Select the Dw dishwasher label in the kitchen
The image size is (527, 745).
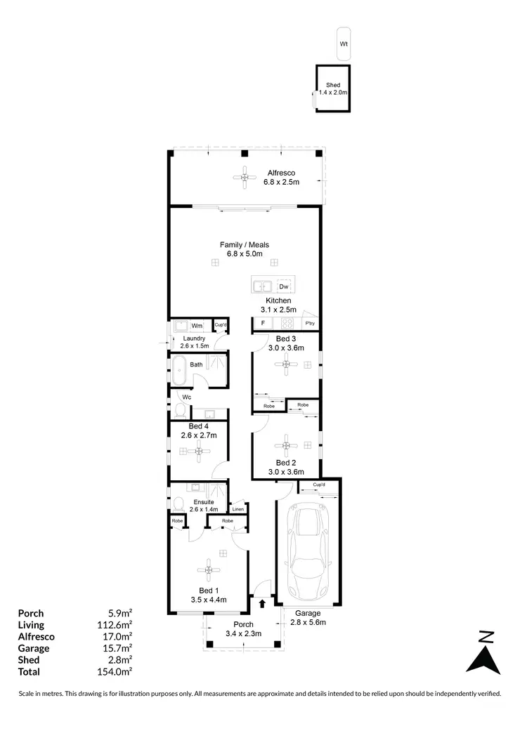(x=284, y=286)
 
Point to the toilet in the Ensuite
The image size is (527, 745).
(x=178, y=502)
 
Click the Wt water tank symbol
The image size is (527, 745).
(x=344, y=44)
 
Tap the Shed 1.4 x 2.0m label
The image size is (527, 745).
(x=333, y=89)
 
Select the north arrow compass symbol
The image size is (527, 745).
(x=483, y=654)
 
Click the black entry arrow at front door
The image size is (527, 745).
(x=262, y=602)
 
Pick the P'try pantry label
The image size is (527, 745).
(x=309, y=323)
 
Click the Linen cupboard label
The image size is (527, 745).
(x=238, y=508)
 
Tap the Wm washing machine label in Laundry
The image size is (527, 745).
(x=197, y=326)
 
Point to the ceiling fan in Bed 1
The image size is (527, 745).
(x=209, y=570)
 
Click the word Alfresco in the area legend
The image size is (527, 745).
(x=37, y=637)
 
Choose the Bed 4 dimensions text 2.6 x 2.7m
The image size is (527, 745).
(x=198, y=435)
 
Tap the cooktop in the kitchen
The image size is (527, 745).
(x=287, y=324)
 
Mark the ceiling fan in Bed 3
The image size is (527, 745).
(x=287, y=364)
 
